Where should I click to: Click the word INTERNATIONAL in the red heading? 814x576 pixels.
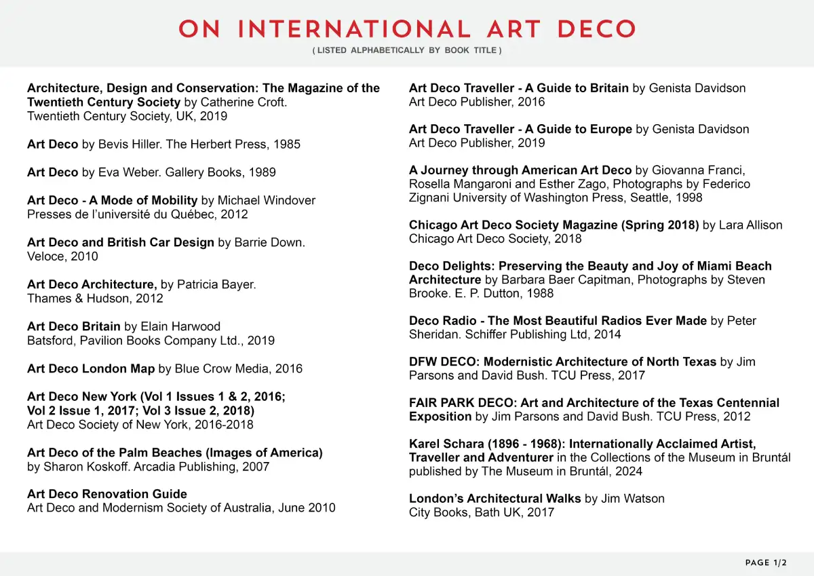click(355, 30)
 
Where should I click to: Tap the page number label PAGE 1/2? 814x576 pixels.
click(766, 563)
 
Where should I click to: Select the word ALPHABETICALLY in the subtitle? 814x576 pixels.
click(388, 51)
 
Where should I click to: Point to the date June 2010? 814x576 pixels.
click(307, 508)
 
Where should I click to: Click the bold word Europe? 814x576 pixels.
click(608, 129)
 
